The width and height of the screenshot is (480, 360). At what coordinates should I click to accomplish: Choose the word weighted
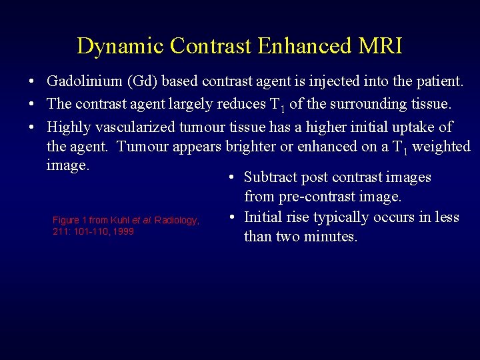441,147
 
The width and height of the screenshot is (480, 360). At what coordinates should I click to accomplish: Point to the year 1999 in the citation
123,231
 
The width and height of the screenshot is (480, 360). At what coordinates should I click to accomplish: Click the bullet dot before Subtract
229,178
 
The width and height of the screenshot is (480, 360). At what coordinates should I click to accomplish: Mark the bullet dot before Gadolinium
32,83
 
